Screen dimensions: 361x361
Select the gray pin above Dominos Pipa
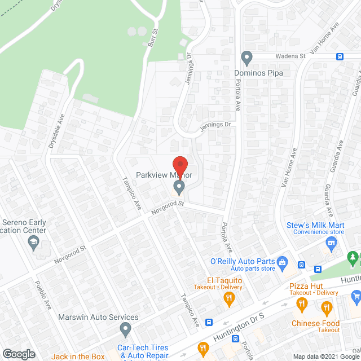pos(246,57)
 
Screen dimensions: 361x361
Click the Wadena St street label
pos(290,56)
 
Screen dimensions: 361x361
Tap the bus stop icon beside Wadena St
pos(340,56)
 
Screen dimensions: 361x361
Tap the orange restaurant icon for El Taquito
pos(228,300)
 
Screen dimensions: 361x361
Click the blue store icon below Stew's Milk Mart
pos(331,242)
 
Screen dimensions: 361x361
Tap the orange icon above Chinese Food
pos(326,308)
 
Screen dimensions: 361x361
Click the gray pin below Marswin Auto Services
pos(126,328)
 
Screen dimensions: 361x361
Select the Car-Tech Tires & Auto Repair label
pos(143,352)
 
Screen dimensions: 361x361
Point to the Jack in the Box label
pos(78,356)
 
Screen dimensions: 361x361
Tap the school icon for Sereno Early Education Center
pos(33,242)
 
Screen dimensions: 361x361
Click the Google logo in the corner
pos(19,354)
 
